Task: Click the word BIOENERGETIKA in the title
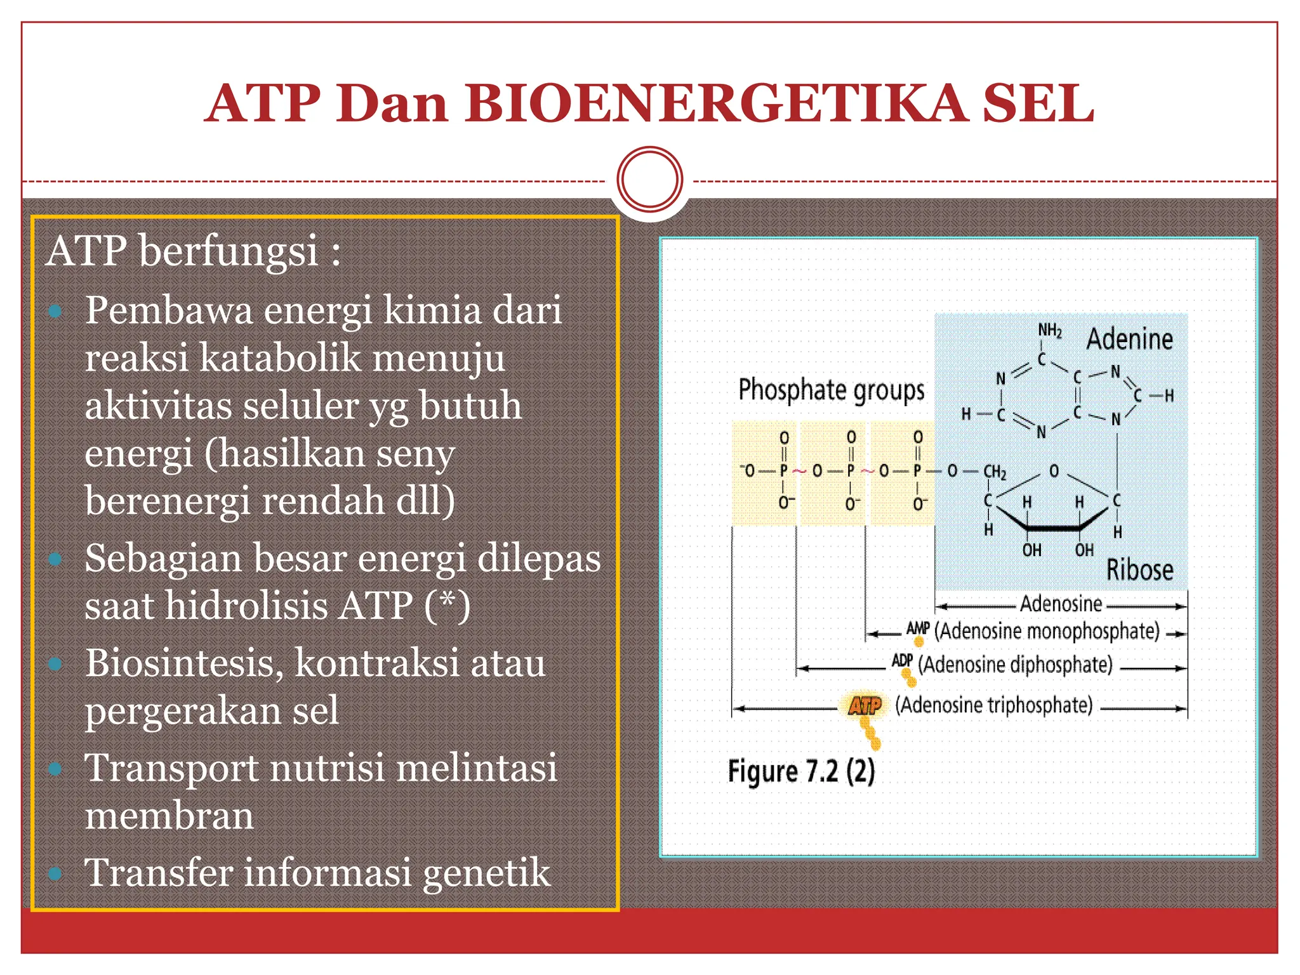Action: pyautogui.click(x=716, y=103)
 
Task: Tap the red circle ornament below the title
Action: pyautogui.click(x=649, y=180)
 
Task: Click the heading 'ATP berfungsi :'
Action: pyautogui.click(x=193, y=251)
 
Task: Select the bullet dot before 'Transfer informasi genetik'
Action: pyautogui.click(x=55, y=873)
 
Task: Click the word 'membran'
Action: pyautogui.click(x=169, y=816)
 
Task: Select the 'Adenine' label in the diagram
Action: pyautogui.click(x=1129, y=339)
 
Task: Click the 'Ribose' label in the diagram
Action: pyautogui.click(x=1139, y=569)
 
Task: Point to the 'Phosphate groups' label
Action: pyautogui.click(x=831, y=390)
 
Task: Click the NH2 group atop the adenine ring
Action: pyautogui.click(x=1049, y=330)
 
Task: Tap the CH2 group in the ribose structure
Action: pyautogui.click(x=994, y=472)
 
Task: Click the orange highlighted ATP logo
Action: pyautogui.click(x=865, y=706)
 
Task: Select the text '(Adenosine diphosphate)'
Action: pyautogui.click(x=1015, y=665)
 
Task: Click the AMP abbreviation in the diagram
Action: pyautogui.click(x=917, y=629)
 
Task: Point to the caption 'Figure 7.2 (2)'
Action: pyautogui.click(x=801, y=772)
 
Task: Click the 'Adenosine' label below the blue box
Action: pyautogui.click(x=1061, y=604)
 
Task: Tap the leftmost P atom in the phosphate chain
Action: pyautogui.click(x=784, y=471)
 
